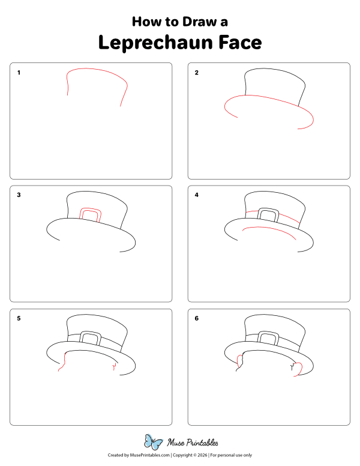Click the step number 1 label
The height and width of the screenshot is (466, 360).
[19, 73]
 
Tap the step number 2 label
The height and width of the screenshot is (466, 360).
[196, 73]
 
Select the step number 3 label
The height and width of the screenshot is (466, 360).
[19, 195]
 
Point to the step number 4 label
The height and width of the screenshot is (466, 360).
[196, 195]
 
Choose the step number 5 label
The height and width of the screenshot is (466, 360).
[19, 318]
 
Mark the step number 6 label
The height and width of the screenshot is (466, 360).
[196, 318]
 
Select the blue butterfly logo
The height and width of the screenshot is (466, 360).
[154, 443]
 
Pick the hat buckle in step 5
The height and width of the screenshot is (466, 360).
[91, 339]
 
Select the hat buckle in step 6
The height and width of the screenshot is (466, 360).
[268, 339]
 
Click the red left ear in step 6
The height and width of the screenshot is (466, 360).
[241, 362]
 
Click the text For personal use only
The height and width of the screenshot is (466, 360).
[231, 455]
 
